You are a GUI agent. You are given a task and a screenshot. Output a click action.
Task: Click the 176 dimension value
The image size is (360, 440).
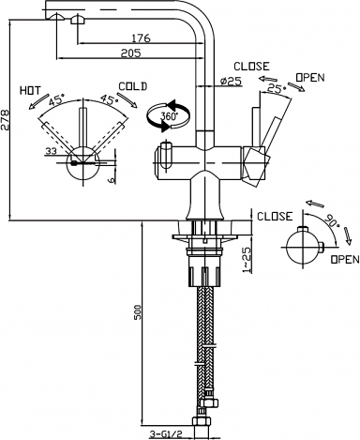pyautogui.click(x=141, y=38)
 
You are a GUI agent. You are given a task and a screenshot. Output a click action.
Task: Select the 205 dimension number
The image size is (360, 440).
pyautogui.click(x=131, y=53)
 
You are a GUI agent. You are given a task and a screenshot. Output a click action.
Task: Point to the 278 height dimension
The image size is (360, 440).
pyautogui.click(x=5, y=121)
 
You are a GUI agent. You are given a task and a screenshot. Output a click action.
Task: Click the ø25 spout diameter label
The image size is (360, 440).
pyautogui.click(x=232, y=82)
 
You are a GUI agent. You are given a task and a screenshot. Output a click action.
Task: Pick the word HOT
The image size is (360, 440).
pyautogui.click(x=30, y=91)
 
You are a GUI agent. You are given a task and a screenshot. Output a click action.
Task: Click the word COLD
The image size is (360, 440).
pyautogui.click(x=132, y=86)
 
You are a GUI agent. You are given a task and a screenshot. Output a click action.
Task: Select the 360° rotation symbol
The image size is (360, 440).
pyautogui.click(x=168, y=115)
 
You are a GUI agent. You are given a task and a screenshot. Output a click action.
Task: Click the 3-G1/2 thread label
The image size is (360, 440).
pyautogui.click(x=166, y=434)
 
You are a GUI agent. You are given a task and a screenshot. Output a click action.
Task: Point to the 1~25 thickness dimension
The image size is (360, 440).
pyautogui.click(x=247, y=260)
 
